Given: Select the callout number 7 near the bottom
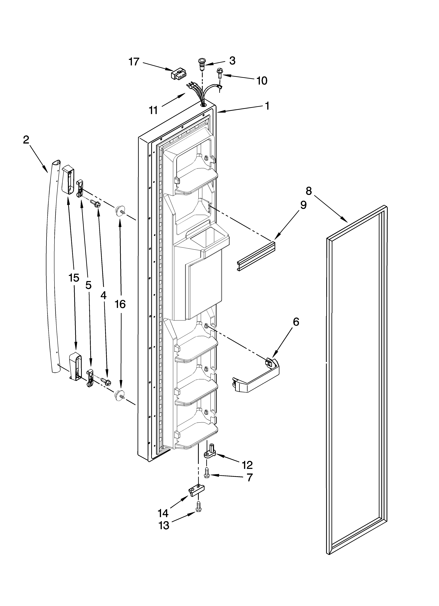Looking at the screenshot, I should (249, 477).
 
